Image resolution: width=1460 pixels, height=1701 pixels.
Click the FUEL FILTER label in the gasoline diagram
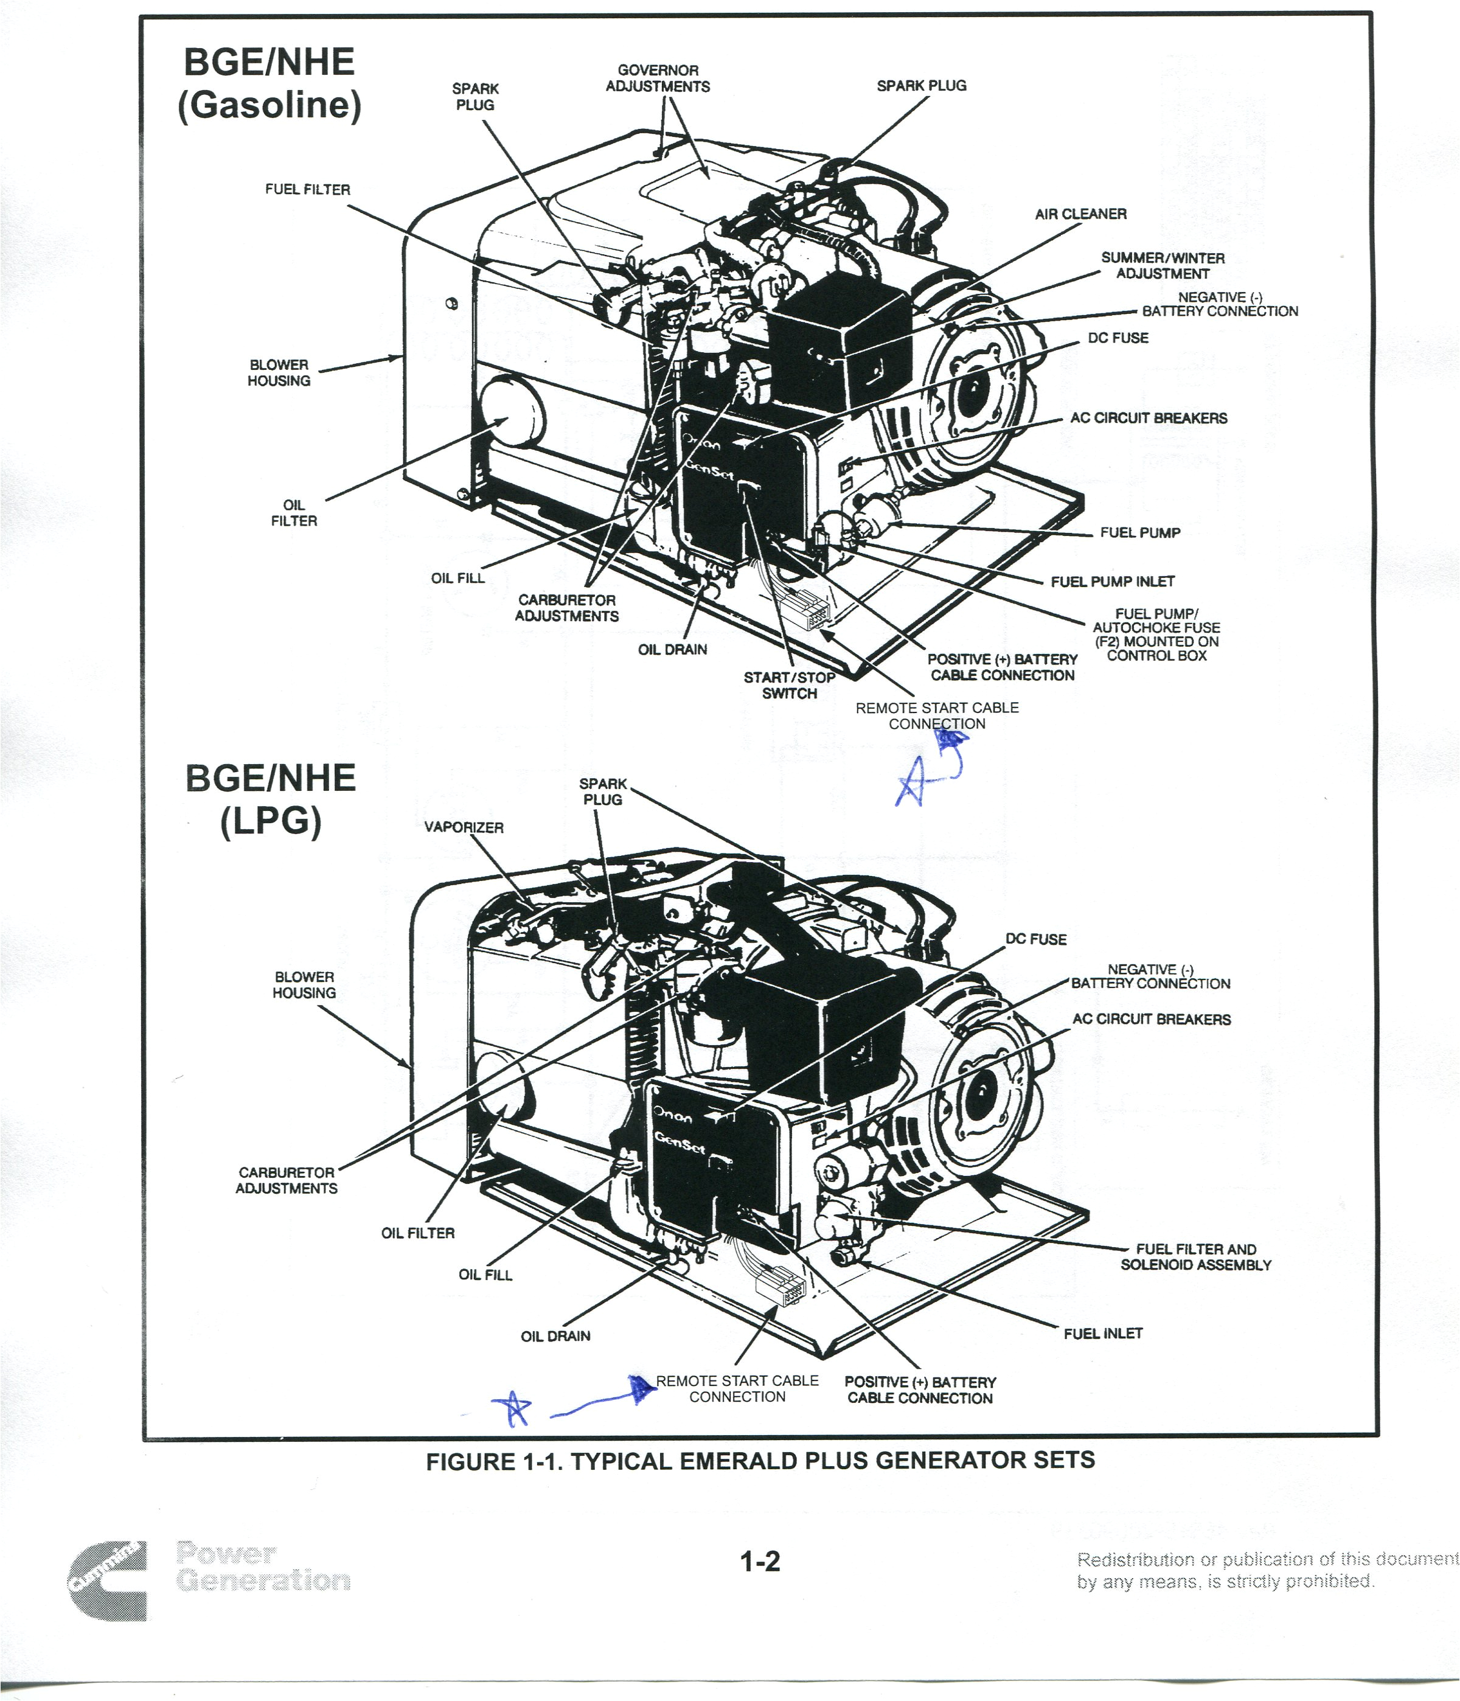click(x=307, y=190)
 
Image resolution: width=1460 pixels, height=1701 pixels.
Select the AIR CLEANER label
click(x=1080, y=214)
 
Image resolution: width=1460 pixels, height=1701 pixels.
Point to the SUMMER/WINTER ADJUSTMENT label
click(x=1162, y=265)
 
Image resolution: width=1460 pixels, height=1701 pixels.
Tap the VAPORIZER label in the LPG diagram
click(x=464, y=827)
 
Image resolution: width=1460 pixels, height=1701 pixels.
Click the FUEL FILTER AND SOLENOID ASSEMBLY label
click(x=1196, y=1257)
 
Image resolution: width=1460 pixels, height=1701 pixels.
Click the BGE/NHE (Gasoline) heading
click(x=269, y=84)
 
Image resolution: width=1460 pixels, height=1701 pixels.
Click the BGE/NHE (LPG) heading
click(x=270, y=799)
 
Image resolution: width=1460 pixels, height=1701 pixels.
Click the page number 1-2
click(x=760, y=1562)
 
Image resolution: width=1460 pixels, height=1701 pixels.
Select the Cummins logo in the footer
click(x=108, y=1581)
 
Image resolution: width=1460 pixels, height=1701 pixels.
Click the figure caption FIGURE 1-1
click(x=760, y=1461)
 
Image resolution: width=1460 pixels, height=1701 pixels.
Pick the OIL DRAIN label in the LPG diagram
click(x=555, y=1337)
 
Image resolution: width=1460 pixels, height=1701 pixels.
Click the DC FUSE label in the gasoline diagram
click(x=1118, y=338)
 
